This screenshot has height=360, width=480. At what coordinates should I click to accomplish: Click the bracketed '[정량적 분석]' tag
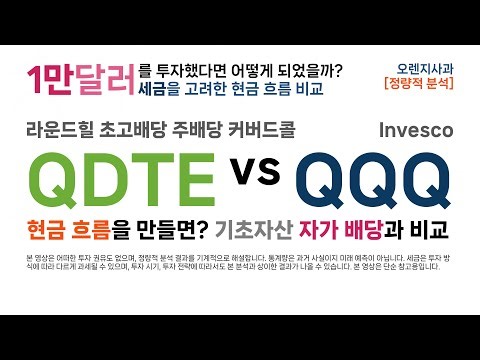click(x=420, y=87)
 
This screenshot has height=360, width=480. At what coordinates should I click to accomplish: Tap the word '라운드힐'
click(x=62, y=130)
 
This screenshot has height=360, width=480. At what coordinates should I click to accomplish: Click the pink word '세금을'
click(x=160, y=87)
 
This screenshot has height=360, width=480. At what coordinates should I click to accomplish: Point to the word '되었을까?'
click(x=306, y=70)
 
